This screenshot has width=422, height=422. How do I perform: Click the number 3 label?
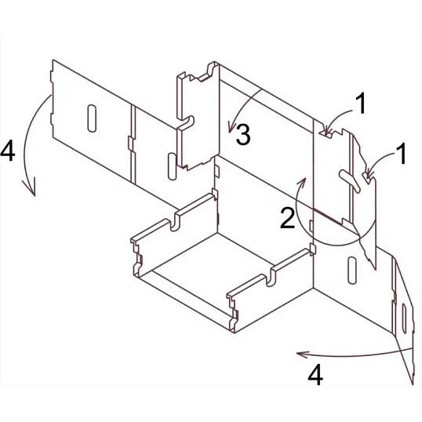[243, 134]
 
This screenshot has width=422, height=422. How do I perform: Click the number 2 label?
[287, 218]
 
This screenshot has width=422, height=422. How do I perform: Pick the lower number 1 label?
[402, 154]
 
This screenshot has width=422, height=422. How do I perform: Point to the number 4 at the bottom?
[315, 375]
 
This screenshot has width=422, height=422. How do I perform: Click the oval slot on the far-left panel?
[92, 118]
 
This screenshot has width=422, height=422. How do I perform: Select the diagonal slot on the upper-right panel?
[350, 181]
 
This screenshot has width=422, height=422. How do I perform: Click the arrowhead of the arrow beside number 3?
[230, 129]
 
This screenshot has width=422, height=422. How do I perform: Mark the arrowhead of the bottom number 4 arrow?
[301, 355]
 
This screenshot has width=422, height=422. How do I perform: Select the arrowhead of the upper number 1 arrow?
[329, 131]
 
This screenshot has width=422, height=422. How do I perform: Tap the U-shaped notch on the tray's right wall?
[271, 277]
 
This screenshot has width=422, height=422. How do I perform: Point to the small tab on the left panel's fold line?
[131, 145]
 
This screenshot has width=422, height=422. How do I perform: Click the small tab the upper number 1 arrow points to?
[326, 134]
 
